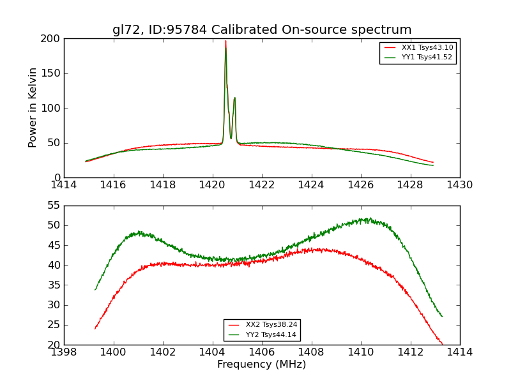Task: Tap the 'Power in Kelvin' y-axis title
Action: pos(33,108)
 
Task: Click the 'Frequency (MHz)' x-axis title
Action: pos(262,364)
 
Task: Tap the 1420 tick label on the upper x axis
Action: pos(212,185)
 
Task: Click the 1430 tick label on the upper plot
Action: pos(460,185)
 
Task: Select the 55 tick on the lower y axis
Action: pos(54,206)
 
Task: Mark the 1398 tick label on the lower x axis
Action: pos(64,352)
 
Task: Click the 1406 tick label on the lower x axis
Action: pos(262,352)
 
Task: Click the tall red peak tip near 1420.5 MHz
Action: pos(225,41)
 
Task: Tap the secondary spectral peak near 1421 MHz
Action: pos(234,98)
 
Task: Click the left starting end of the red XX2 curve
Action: pos(95,329)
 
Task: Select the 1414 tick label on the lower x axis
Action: pos(460,352)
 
